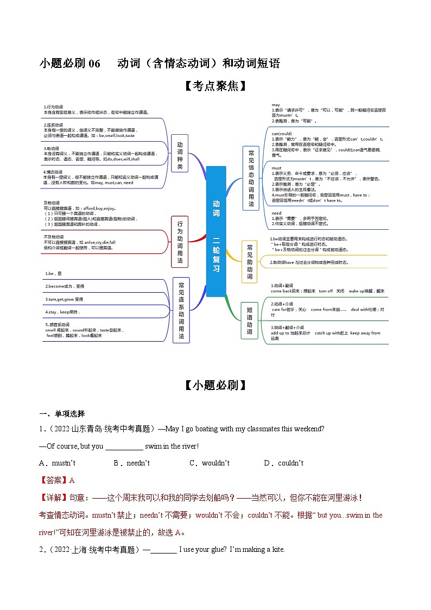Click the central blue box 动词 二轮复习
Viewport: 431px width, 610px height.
(x=215, y=231)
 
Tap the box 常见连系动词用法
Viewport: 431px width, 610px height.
(x=181, y=311)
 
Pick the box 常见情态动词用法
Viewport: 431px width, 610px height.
(x=251, y=178)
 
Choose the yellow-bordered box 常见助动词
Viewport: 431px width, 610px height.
(x=250, y=261)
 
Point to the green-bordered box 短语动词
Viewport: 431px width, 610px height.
(x=249, y=320)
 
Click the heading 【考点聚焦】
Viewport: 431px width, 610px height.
(x=215, y=86)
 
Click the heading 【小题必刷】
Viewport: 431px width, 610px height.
(x=215, y=385)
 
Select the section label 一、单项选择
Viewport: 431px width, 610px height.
(x=62, y=413)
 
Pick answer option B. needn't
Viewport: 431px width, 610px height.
(x=132, y=463)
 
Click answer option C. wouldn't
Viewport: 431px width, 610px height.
(x=210, y=463)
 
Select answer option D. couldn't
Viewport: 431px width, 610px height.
(x=284, y=463)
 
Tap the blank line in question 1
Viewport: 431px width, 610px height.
(x=124, y=447)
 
